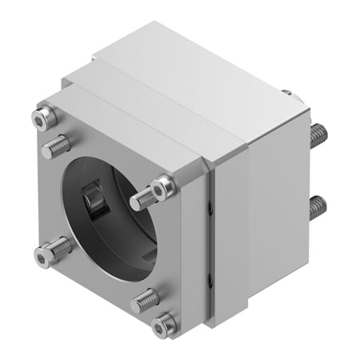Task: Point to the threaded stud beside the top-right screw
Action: point(142,197)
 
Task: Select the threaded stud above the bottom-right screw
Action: point(146,299)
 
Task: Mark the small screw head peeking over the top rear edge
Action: point(286,93)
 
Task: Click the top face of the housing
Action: point(184,88)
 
